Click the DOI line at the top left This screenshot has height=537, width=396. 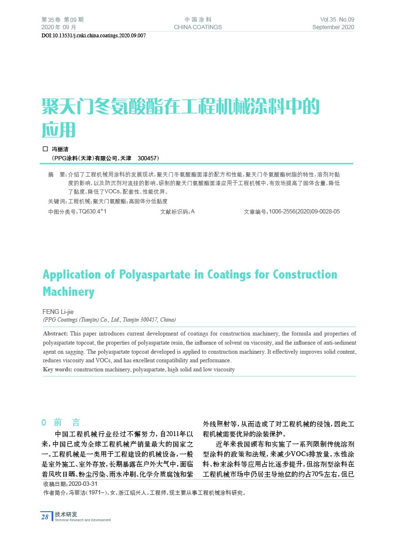[93, 36]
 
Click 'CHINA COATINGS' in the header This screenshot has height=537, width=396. [198, 27]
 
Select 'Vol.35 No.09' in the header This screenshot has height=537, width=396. [337, 20]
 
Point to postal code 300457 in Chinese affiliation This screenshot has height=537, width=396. [147, 157]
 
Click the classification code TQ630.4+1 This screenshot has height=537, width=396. [92, 211]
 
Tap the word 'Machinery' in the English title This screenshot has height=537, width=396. [68, 292]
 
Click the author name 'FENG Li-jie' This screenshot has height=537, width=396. [58, 312]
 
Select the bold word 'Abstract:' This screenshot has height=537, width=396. [56, 333]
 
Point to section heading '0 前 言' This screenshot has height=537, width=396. [61, 423]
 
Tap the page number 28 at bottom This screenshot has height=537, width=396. [45, 516]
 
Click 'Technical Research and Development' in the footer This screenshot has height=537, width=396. [82, 520]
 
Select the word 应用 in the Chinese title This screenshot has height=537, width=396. [59, 129]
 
